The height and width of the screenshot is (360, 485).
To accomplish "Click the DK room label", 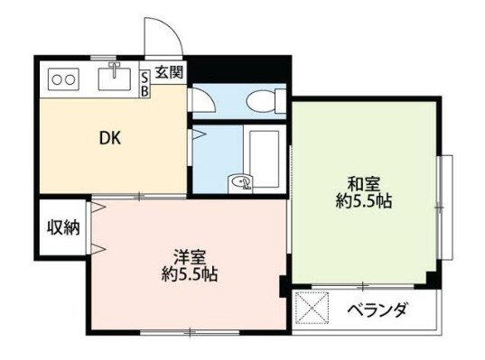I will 109,139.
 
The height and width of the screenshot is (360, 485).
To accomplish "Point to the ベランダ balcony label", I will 378,311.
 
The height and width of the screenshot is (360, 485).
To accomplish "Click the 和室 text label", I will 360,180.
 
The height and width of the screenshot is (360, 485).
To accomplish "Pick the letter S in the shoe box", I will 145,78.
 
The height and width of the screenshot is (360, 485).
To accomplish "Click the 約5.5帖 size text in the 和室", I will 360,200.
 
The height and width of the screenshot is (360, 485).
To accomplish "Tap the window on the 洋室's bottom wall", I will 190,333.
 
